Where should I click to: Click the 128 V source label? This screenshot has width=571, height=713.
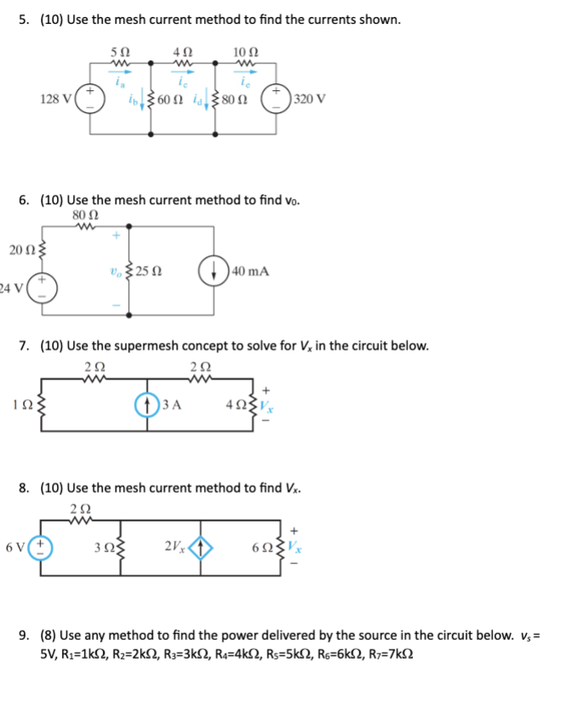tap(56, 99)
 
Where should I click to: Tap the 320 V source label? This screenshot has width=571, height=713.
tap(307, 99)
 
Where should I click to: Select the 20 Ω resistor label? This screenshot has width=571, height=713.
tap(21, 249)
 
